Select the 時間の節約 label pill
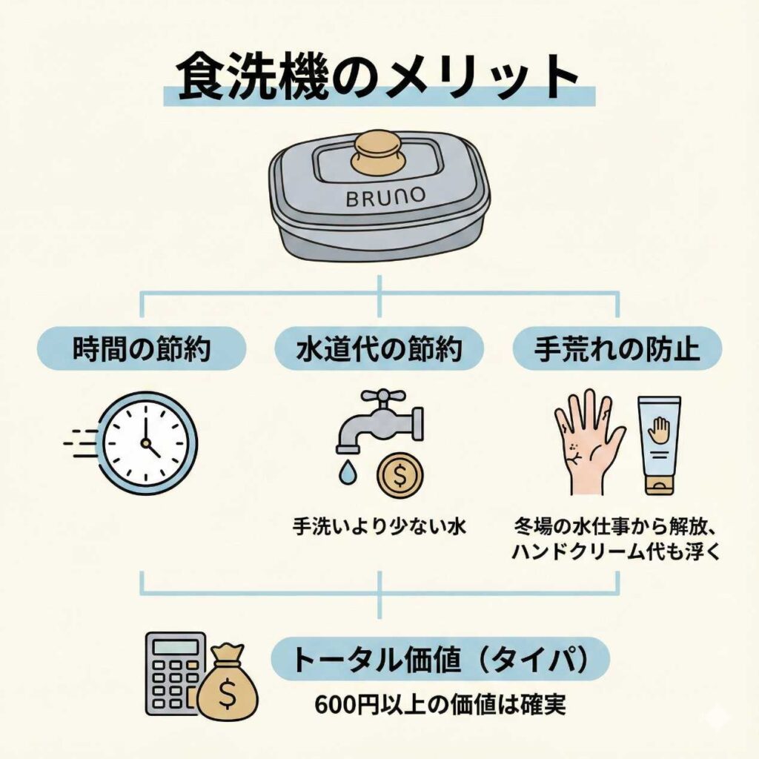tap(140, 349)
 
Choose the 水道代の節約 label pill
tap(379, 349)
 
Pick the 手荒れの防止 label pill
tap(617, 349)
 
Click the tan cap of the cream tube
tap(658, 485)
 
